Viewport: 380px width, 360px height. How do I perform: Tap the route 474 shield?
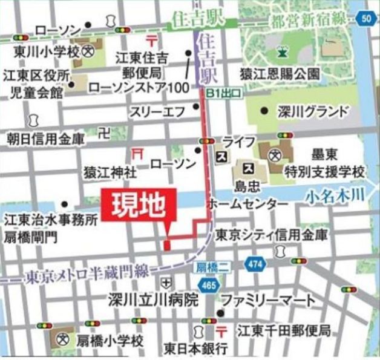click(x=254, y=264)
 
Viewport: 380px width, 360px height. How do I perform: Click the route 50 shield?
click(x=367, y=18)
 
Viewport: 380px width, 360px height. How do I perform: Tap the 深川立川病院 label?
click(x=154, y=299)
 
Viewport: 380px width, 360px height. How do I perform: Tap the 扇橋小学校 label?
click(x=110, y=341)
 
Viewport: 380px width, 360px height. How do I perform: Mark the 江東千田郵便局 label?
click(x=284, y=332)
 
